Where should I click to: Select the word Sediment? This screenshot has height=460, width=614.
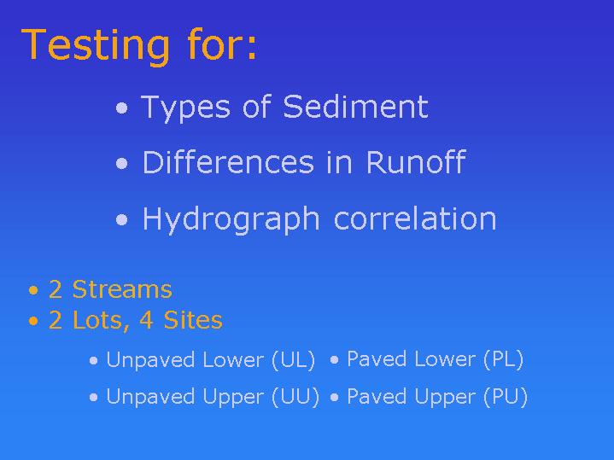pos(355,107)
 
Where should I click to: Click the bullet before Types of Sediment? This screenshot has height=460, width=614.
pos(122,108)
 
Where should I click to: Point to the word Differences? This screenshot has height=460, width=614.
pos(228,162)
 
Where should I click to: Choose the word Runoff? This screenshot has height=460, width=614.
pos(416,161)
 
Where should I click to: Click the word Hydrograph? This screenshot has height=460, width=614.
pos(231,219)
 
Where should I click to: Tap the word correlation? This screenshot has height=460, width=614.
pos(415,218)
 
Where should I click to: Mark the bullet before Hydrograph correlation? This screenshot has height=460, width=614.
pos(122,219)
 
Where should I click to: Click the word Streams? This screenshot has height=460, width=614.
pos(122,289)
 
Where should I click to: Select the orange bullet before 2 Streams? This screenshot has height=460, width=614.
pos(33,290)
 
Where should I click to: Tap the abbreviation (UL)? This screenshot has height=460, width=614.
pos(294,360)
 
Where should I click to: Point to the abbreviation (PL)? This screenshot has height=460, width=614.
pos(504,359)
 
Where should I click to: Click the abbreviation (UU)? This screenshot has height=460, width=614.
pos(295,397)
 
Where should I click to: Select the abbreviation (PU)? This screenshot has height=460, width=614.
pos(506,397)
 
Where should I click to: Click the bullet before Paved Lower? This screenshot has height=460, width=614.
pos(334,360)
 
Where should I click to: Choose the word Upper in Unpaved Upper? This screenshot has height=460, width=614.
pos(234,398)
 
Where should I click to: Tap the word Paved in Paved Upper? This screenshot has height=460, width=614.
pos(377,397)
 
